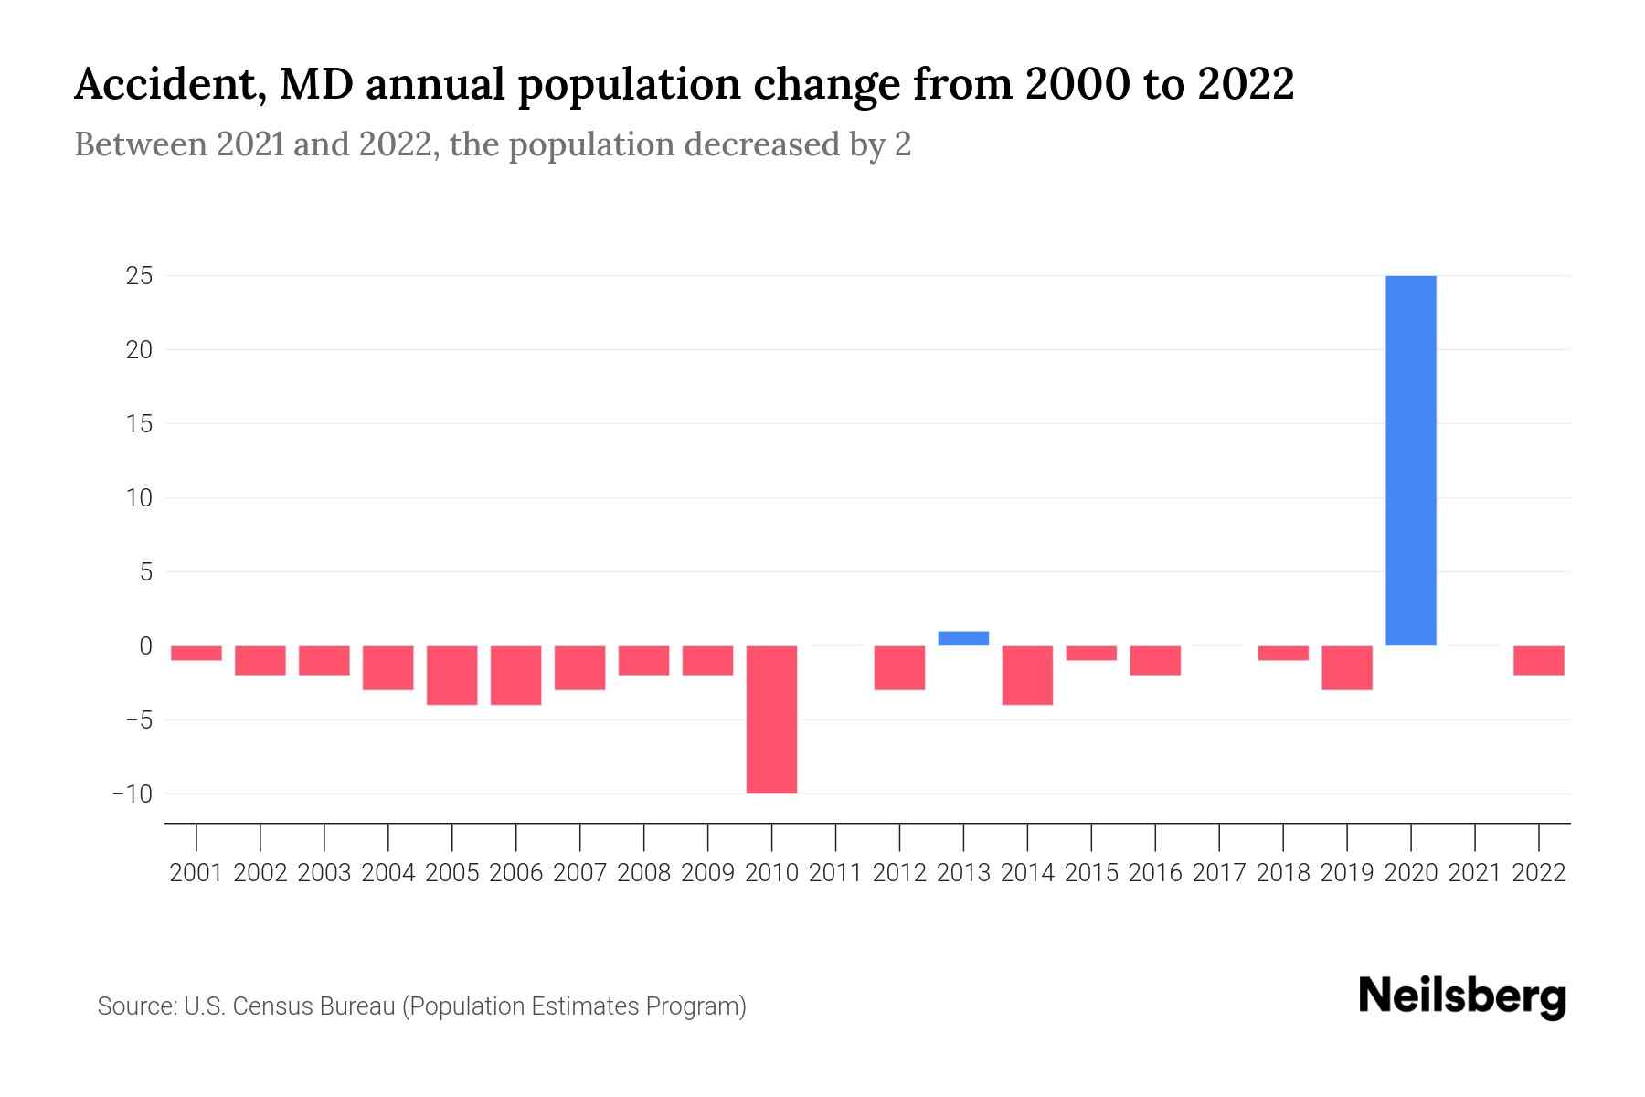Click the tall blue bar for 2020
(1411, 460)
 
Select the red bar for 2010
(771, 719)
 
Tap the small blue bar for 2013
(963, 638)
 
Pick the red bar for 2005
(452, 675)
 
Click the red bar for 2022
(1539, 660)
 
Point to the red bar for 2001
(196, 653)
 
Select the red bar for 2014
(1027, 675)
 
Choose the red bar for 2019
(1347, 667)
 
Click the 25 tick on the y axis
(139, 275)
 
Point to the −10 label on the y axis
(133, 793)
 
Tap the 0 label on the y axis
(145, 645)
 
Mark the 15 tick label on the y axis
(139, 423)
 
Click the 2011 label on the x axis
(835, 873)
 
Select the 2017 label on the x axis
(1219, 873)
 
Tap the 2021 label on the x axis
(1475, 873)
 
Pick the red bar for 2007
(579, 667)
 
